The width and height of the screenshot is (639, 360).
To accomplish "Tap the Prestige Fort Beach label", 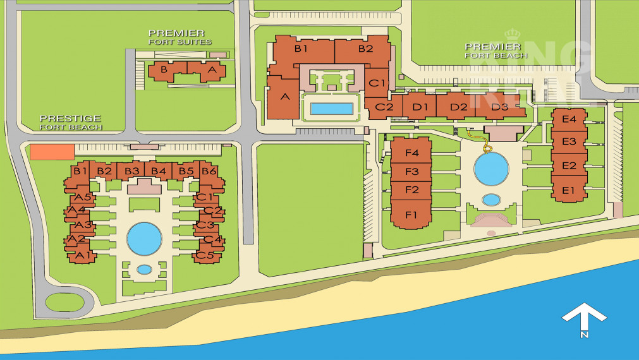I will pos(71,123).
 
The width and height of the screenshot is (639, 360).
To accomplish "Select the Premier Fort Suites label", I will pos(180,37).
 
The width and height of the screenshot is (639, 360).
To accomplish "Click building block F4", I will pos(412,153).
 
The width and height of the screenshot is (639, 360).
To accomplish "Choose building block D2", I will pos(458,107).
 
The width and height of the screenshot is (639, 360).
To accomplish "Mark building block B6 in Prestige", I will pos(209,171).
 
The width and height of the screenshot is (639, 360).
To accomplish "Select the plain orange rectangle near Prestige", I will pos(52,152).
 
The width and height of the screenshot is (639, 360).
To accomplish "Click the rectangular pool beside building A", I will pos(332,109).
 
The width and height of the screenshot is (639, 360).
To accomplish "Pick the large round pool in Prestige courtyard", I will pos(144,239).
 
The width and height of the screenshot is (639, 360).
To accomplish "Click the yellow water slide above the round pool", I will pos(487,149).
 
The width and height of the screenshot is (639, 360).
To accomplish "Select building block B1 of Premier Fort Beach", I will pos(301,49).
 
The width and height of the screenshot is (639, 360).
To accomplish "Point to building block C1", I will pos(377,83).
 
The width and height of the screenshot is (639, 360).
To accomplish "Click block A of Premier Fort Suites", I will pos(212,70).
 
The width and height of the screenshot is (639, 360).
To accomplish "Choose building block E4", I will pos(569,119).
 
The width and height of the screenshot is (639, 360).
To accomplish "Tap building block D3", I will pos(499,107).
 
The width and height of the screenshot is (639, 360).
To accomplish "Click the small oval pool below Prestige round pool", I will pos(144,269).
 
